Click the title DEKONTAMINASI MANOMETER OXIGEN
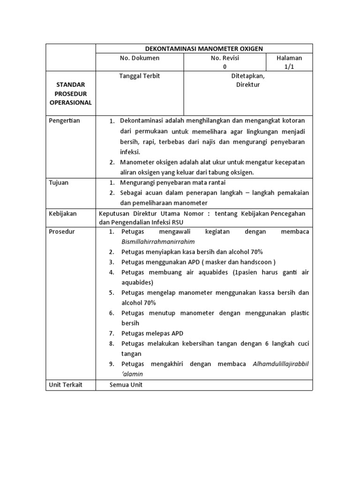click(204, 48)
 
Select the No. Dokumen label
click(140, 58)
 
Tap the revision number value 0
click(225, 67)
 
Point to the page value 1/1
click(289, 67)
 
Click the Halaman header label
click(289, 58)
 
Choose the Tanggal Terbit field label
click(140, 76)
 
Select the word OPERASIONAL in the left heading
click(71, 103)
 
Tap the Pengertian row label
click(65, 121)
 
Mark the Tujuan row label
click(59, 182)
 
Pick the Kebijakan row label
click(63, 214)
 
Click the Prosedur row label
click(62, 232)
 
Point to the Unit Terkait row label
click(66, 385)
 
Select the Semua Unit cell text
click(126, 385)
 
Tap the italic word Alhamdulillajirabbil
click(281, 364)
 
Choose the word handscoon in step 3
click(256, 262)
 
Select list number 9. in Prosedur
click(112, 364)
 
